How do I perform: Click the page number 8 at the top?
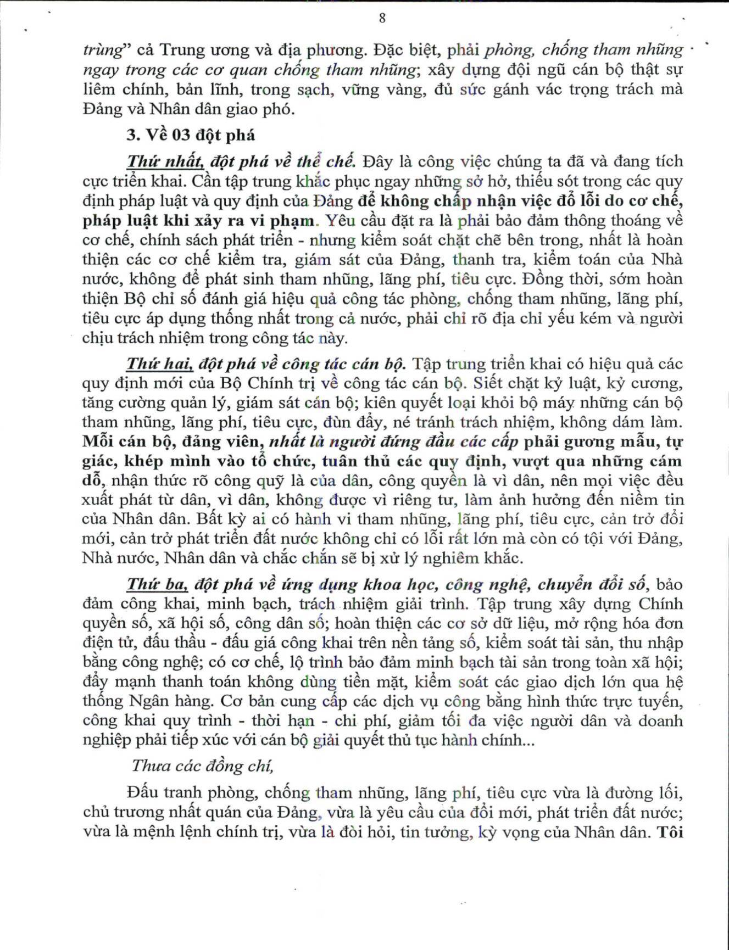click(x=382, y=18)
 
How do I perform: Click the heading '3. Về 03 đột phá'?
click(x=191, y=135)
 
